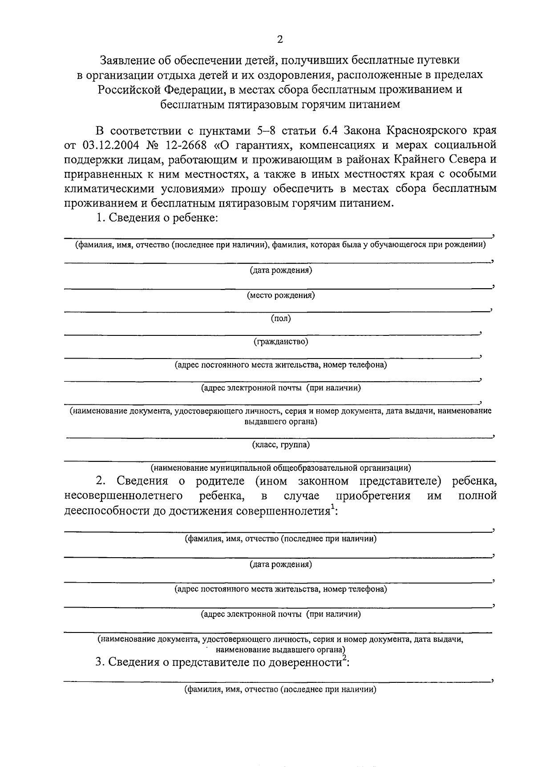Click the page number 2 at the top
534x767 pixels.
click(280, 40)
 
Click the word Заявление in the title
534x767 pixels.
click(127, 60)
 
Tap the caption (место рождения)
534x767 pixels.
click(281, 295)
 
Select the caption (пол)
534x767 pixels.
click(281, 318)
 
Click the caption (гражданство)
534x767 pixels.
click(281, 342)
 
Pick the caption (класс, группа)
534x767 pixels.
click(281, 445)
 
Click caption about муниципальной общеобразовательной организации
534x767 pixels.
click(281, 468)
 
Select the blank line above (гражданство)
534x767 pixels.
click(271, 333)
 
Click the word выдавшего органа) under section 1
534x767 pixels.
click(281, 421)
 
